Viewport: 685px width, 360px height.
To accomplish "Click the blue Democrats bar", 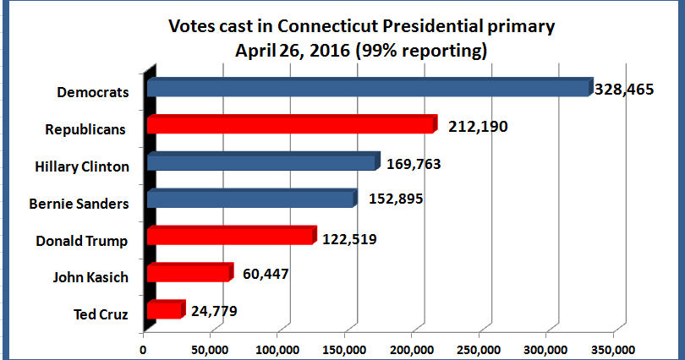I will point(368,88).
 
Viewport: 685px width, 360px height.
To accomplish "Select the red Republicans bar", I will point(291,125).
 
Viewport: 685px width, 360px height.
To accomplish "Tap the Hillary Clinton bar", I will point(262,162).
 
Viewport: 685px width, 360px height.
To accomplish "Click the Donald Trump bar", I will point(231,236).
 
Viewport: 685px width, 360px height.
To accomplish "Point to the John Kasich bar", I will point(189,273).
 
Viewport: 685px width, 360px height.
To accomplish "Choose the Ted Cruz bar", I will point(164,310).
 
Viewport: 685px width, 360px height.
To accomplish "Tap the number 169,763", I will point(414,164).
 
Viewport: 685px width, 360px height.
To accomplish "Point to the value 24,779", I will point(214,311).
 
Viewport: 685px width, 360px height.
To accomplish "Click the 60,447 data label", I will point(261,275).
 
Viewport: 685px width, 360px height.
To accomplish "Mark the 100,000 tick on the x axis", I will point(277,348).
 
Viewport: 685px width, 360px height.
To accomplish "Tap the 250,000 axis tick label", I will point(479,348).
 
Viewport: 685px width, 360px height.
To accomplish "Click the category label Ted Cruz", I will point(101,314).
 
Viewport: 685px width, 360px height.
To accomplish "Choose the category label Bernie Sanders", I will point(79,204).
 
